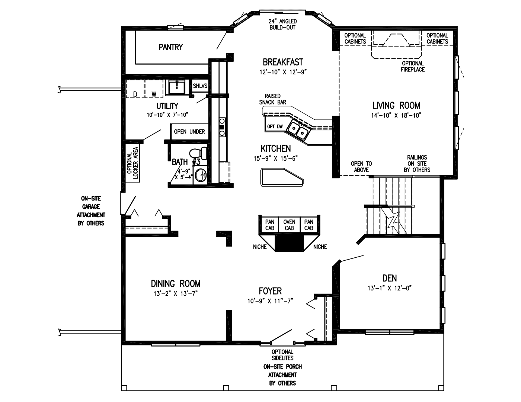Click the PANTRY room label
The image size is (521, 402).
pyautogui.click(x=170, y=47)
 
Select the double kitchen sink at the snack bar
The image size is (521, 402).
pyautogui.click(x=298, y=129)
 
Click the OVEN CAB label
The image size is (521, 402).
pyautogui.click(x=289, y=225)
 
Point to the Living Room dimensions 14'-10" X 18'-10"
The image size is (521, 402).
pyautogui.click(x=396, y=115)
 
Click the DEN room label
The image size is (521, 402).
pyautogui.click(x=389, y=278)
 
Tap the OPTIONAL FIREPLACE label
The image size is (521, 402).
pyautogui.click(x=413, y=67)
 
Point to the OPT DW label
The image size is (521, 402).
pyautogui.click(x=275, y=127)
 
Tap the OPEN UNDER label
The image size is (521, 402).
pyautogui.click(x=189, y=132)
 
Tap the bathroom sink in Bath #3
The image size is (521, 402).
pyautogui.click(x=201, y=175)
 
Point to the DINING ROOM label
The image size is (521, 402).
pyautogui.click(x=175, y=284)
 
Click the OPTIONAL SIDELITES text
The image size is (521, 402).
pyautogui.click(x=282, y=355)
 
